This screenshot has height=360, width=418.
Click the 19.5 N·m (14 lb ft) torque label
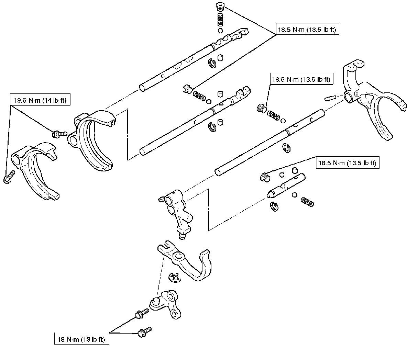point(40,101)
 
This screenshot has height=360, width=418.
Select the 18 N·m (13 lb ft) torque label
point(82,340)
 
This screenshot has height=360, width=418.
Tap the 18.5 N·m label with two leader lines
point(307,30)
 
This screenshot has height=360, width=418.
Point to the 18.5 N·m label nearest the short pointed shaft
point(347,163)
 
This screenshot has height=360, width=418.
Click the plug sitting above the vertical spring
point(219,6)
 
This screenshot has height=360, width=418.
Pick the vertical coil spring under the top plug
point(220,19)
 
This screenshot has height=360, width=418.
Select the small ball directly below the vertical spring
point(220,31)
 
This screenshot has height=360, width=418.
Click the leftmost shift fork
point(36,168)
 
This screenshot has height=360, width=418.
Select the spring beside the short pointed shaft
point(307,202)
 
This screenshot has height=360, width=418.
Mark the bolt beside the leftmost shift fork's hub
point(8,178)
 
